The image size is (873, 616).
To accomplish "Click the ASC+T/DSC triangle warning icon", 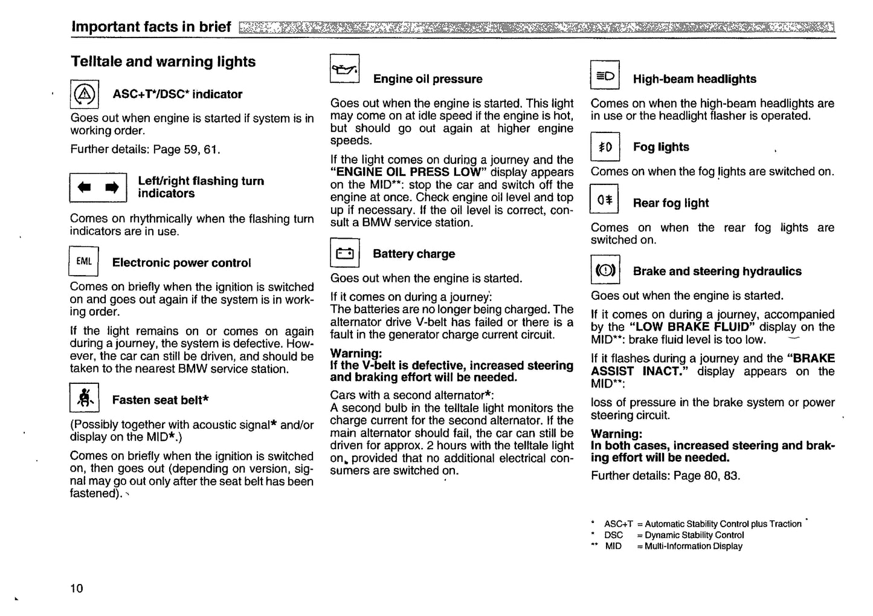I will [85, 94].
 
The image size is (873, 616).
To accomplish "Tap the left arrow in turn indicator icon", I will [85, 187].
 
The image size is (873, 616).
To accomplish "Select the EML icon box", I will [84, 262].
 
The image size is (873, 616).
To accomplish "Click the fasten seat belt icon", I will [85, 398].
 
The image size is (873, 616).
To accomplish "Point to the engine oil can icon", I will [345, 70].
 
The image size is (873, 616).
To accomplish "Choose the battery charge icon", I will [345, 253].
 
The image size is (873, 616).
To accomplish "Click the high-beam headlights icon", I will [605, 76].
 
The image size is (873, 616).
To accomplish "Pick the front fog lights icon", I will [605, 147].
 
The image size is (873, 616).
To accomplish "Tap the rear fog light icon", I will [605, 200].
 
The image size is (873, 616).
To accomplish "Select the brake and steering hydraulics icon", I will [605, 270].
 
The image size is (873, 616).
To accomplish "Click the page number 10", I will [77, 588].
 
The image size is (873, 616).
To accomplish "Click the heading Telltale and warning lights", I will [163, 62].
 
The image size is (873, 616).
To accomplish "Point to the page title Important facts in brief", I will [151, 27].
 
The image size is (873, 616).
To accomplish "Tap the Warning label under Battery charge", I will [356, 353].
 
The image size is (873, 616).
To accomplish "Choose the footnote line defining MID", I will [674, 546].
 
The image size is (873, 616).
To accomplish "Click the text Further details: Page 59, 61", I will [145, 149].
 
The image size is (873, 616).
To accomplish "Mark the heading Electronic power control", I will [181, 263].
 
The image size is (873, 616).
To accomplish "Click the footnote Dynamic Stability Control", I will [694, 535].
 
